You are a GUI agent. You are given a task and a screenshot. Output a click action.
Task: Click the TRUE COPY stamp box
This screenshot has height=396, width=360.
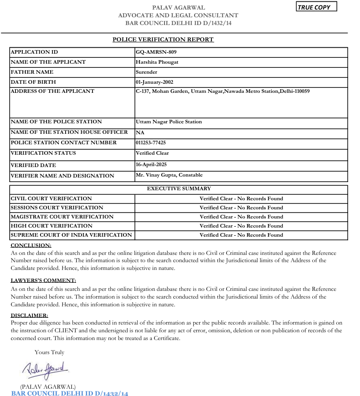(316, 7)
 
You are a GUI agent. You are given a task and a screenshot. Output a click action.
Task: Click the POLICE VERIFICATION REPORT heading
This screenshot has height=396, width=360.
(163, 40)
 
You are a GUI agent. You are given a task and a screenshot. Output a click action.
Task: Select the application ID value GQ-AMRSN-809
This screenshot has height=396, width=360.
(156, 52)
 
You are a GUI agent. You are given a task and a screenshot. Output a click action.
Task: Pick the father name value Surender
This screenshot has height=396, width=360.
(146, 72)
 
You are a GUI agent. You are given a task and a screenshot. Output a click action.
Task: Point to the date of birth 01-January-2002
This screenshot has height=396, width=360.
(154, 82)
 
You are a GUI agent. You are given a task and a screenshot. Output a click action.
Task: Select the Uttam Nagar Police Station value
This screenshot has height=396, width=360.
(169, 122)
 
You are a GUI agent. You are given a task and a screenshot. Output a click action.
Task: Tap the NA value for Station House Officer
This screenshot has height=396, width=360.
(140, 132)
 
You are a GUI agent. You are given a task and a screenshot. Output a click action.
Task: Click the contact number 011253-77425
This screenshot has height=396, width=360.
(151, 142)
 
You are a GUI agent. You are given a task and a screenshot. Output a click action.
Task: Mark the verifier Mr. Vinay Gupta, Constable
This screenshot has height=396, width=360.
(169, 175)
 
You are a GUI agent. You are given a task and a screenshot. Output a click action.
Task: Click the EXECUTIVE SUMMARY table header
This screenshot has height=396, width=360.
(179, 188)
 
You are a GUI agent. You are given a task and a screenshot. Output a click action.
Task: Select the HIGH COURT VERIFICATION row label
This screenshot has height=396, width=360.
(51, 226)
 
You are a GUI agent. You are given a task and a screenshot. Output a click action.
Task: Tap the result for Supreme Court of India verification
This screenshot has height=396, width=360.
(241, 235)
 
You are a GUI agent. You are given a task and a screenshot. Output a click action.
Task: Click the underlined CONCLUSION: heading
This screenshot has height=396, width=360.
(31, 245)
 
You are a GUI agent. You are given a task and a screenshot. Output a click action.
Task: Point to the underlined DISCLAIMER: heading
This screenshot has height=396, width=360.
(29, 315)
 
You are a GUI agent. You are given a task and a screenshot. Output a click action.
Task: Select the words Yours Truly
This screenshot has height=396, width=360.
(49, 352)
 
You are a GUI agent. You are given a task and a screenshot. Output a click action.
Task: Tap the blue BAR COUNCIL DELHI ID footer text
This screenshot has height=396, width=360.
(70, 393)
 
